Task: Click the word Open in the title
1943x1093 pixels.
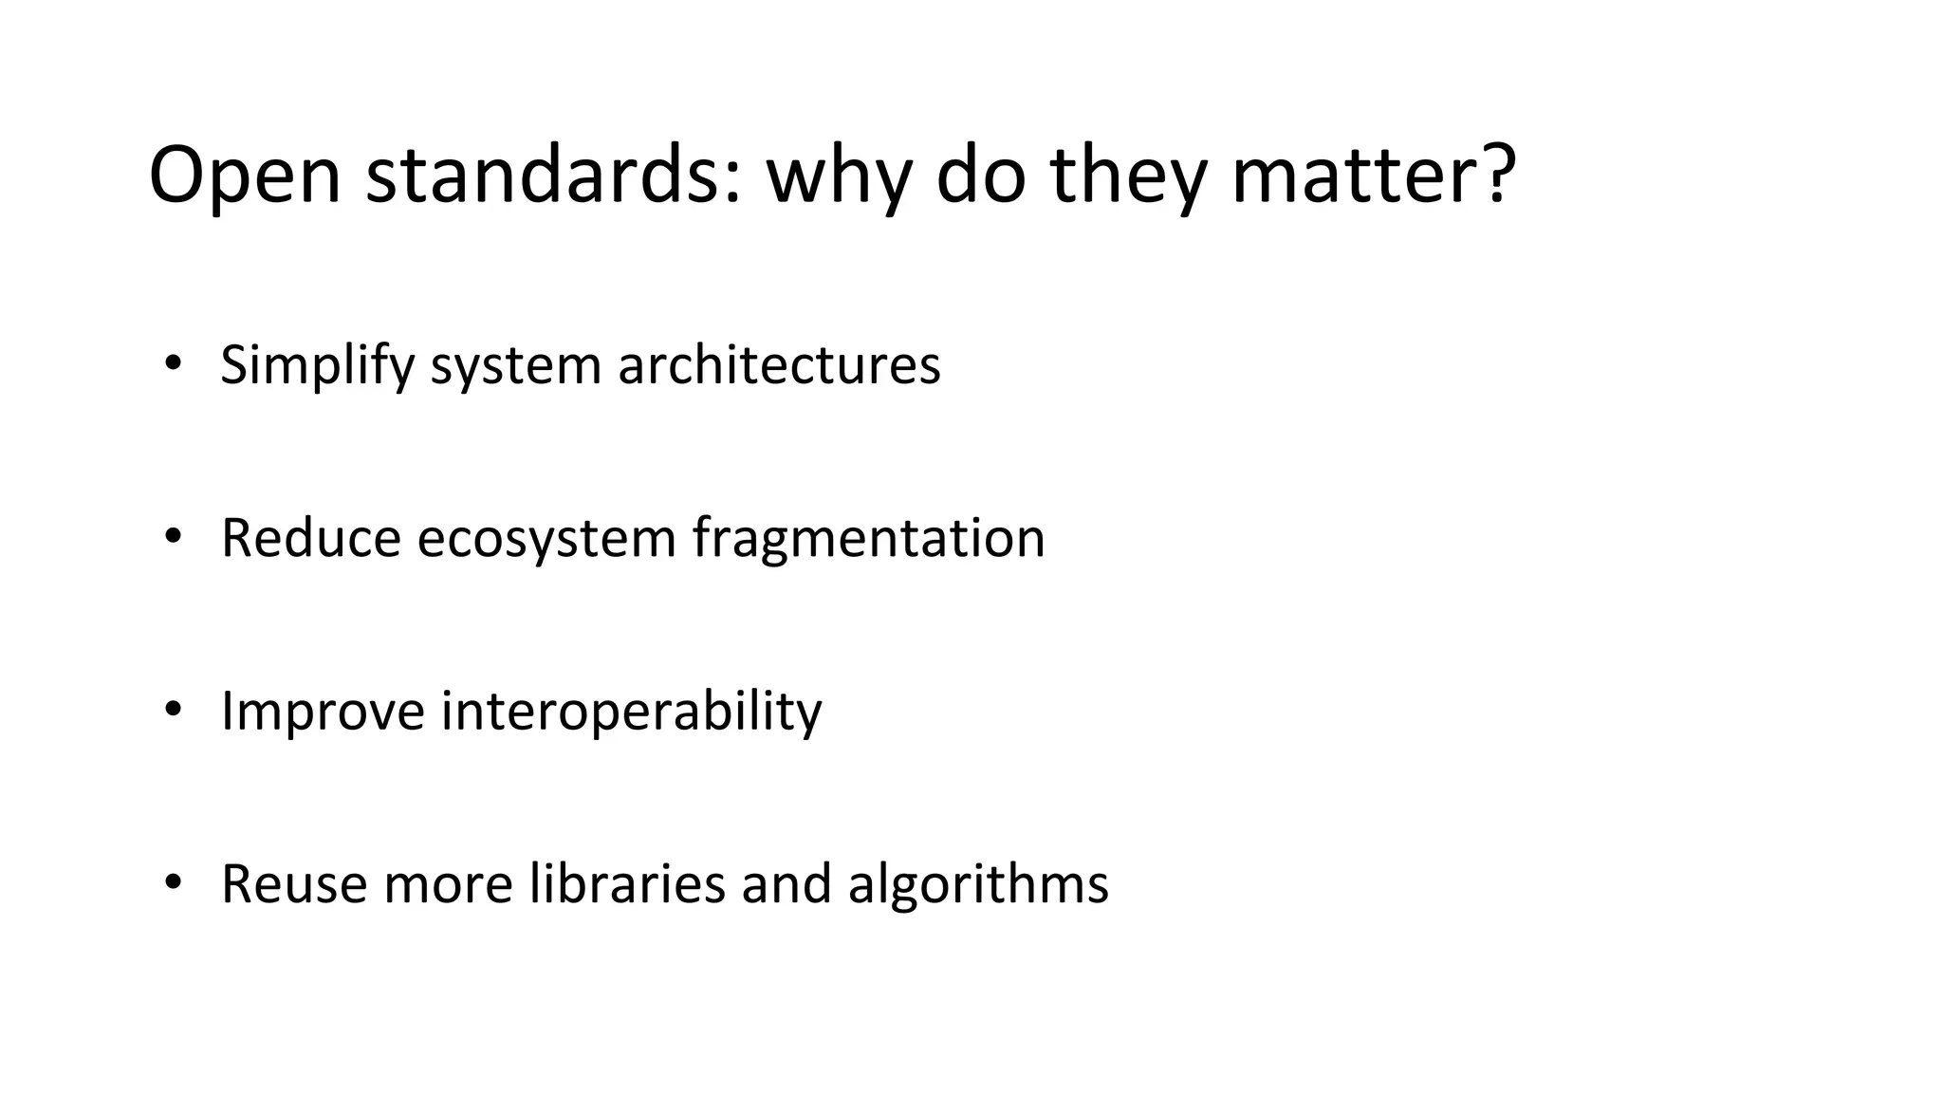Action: pos(244,176)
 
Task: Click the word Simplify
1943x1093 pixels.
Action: pos(317,365)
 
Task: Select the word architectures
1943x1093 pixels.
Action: pos(779,365)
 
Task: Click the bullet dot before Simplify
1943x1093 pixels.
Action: pos(172,362)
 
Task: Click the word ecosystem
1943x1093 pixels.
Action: pos(546,540)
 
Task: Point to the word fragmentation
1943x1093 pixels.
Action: pos(868,540)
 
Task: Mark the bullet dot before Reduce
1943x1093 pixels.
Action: pos(172,536)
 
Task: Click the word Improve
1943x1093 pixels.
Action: pos(323,712)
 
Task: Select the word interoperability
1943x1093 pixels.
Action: pos(631,712)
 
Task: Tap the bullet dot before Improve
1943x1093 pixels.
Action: pos(172,709)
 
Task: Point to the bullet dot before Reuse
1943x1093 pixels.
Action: pos(172,882)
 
